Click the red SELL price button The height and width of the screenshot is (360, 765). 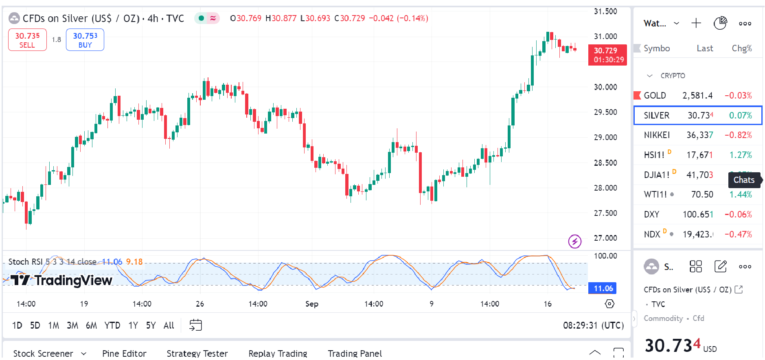point(27,40)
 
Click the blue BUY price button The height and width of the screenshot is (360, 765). point(85,40)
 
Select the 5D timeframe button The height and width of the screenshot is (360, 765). point(35,325)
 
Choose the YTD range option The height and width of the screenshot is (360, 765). point(112,325)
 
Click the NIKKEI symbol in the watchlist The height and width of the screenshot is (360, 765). point(657,135)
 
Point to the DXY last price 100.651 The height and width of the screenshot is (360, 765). point(698,215)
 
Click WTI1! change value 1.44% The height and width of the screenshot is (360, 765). point(741,195)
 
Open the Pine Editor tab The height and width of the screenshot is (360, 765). point(124,353)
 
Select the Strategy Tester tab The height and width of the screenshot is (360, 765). point(197,353)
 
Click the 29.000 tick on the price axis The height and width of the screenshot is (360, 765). point(605,138)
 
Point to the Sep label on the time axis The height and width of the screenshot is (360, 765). point(312,304)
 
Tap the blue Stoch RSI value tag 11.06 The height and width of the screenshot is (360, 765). point(603,288)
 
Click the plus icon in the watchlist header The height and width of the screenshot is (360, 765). point(696,23)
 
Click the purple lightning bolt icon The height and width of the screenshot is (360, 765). point(574,241)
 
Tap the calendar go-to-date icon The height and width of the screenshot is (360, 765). point(196,325)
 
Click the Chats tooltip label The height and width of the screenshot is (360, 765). point(744,180)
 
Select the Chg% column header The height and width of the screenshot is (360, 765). point(741,48)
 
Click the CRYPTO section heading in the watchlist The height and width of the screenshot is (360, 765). point(673,76)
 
